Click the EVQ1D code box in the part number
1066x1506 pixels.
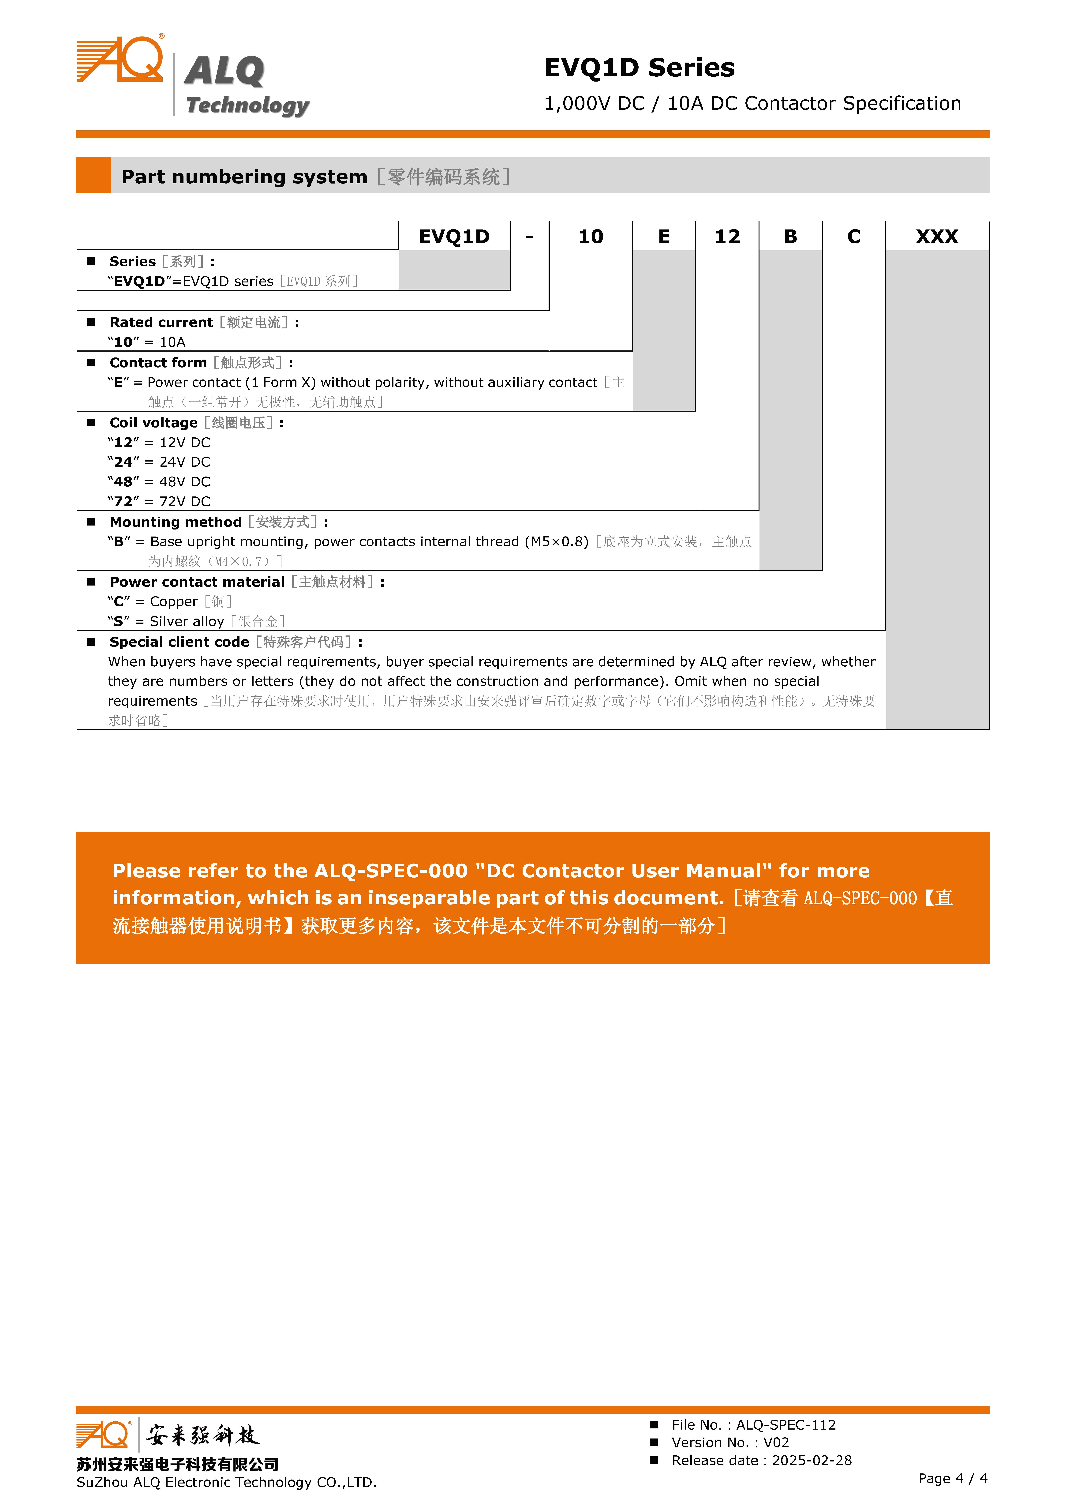(454, 236)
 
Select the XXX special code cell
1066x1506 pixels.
(937, 236)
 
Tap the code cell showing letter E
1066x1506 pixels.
(664, 236)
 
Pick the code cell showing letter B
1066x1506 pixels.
(790, 236)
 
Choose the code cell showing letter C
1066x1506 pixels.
(853, 236)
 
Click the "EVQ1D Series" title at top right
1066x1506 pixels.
(639, 68)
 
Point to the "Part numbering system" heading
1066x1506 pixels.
(244, 177)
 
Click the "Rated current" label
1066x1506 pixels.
(161, 322)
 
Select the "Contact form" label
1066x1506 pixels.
(158, 362)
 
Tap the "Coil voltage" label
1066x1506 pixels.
(154, 423)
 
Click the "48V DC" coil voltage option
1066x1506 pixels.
(184, 482)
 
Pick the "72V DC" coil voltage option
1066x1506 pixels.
(184, 502)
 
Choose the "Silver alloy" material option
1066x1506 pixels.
(187, 622)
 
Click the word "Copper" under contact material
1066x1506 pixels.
(174, 602)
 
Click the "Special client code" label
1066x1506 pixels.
(179, 642)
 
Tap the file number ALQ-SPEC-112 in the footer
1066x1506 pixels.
(786, 1425)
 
